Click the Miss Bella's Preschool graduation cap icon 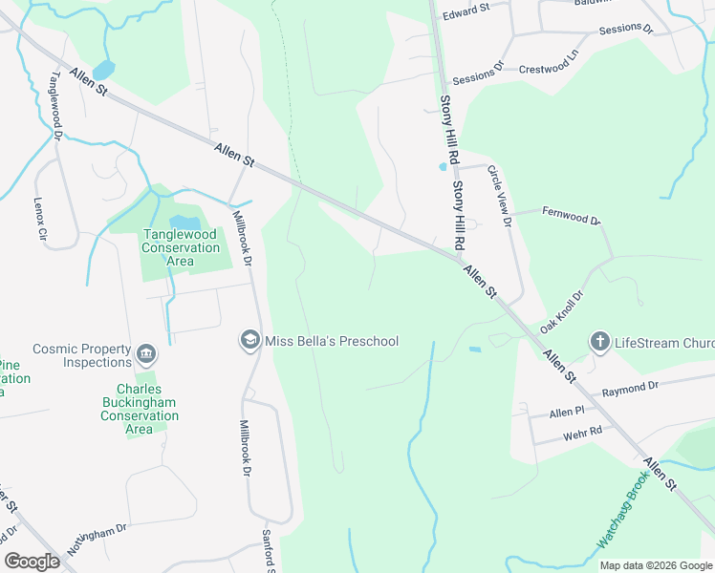[249, 341]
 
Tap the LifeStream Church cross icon [599, 342]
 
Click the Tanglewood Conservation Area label [182, 247]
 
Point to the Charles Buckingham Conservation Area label [140, 409]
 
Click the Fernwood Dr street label [570, 216]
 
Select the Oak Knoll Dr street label [561, 312]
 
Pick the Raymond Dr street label [630, 388]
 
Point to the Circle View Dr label [500, 196]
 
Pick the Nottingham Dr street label [97, 541]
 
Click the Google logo [32, 562]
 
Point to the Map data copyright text [655, 565]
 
